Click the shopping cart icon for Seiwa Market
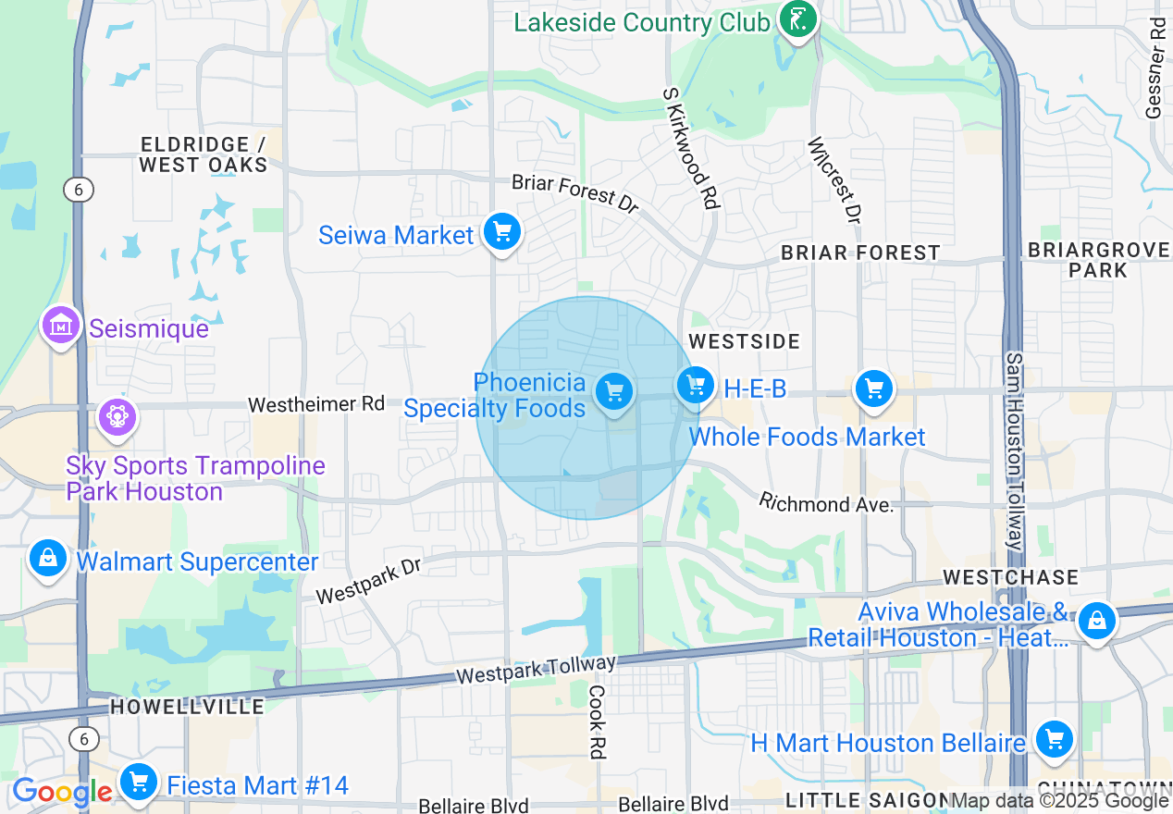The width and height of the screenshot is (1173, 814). tap(502, 231)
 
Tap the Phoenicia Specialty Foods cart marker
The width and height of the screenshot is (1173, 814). tap(613, 391)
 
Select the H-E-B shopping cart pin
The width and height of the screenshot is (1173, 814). tap(695, 385)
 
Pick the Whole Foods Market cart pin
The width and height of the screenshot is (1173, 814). tap(873, 389)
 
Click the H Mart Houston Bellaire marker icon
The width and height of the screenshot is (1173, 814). tap(1054, 739)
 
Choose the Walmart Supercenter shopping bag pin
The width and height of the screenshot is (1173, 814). tap(47, 558)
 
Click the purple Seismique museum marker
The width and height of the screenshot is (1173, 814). tap(61, 325)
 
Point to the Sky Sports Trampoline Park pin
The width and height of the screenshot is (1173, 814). tap(117, 417)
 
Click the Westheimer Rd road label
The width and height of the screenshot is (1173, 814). tap(316, 404)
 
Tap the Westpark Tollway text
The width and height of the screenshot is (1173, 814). tap(537, 670)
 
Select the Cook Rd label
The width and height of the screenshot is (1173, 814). tap(597, 721)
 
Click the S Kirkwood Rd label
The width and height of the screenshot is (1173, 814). tap(691, 148)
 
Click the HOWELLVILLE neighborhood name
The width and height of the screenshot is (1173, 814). tap(187, 707)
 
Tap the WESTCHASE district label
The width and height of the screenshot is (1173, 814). tap(1010, 577)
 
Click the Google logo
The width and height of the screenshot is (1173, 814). tap(61, 792)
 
